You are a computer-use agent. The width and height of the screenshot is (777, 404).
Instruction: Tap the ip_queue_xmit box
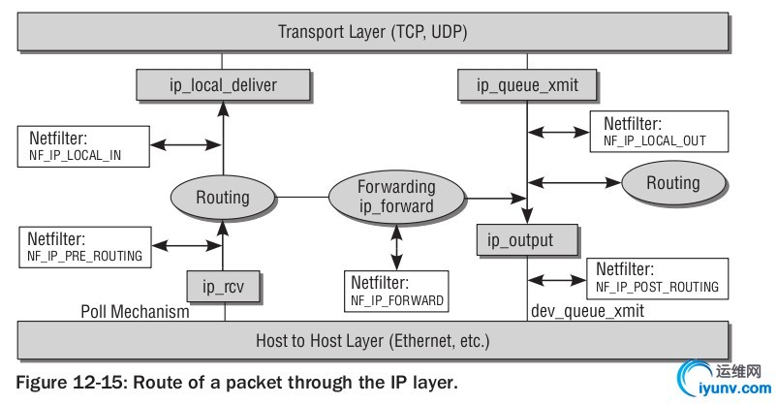pos(527,85)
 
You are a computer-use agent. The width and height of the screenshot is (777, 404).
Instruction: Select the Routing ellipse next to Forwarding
pos(222,198)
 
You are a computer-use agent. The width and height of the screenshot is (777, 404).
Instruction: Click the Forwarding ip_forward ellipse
pos(395,197)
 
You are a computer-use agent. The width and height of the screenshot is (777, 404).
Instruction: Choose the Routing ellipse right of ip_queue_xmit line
pos(672,182)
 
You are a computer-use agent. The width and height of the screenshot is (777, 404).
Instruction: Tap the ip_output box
pos(528,240)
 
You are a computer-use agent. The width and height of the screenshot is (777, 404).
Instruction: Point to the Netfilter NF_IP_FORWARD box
pos(394,290)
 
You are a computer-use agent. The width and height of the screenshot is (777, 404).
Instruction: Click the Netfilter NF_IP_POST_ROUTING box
pos(657,277)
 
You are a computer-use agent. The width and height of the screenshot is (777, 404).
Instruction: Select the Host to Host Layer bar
pos(374,341)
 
